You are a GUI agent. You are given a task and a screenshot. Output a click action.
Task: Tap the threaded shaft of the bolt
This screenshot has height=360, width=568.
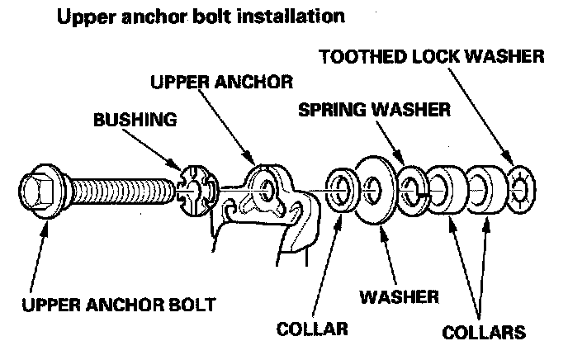[124, 192]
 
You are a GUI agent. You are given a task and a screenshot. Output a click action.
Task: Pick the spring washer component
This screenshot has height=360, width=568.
[411, 190]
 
